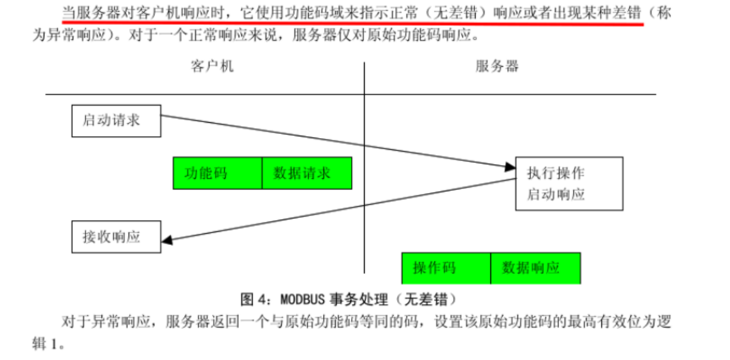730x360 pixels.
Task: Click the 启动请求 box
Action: [116, 120]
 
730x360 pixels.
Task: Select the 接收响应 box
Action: [116, 237]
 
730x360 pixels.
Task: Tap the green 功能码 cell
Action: [217, 173]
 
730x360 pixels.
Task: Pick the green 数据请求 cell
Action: [307, 173]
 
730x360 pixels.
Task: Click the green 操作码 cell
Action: [446, 268]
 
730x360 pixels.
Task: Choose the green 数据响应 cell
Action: [535, 268]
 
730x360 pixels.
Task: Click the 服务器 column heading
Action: [497, 66]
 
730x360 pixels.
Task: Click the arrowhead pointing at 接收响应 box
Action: [168, 240]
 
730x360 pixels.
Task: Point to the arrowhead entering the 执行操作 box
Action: [510, 168]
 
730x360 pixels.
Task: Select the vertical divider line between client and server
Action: [364, 177]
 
